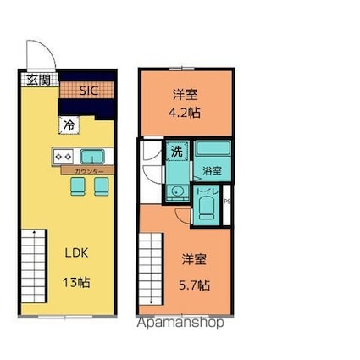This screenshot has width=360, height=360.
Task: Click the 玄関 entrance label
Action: point(36,80)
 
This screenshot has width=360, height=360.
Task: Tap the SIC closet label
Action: point(88,90)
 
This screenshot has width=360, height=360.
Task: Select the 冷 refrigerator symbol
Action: point(68,125)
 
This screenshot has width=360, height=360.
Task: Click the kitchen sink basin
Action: point(91,156)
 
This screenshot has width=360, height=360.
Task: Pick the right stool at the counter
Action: point(101,185)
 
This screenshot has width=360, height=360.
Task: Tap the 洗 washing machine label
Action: point(176,152)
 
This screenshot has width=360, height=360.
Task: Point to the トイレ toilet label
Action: point(208,192)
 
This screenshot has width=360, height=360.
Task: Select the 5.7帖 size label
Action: point(194,285)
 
